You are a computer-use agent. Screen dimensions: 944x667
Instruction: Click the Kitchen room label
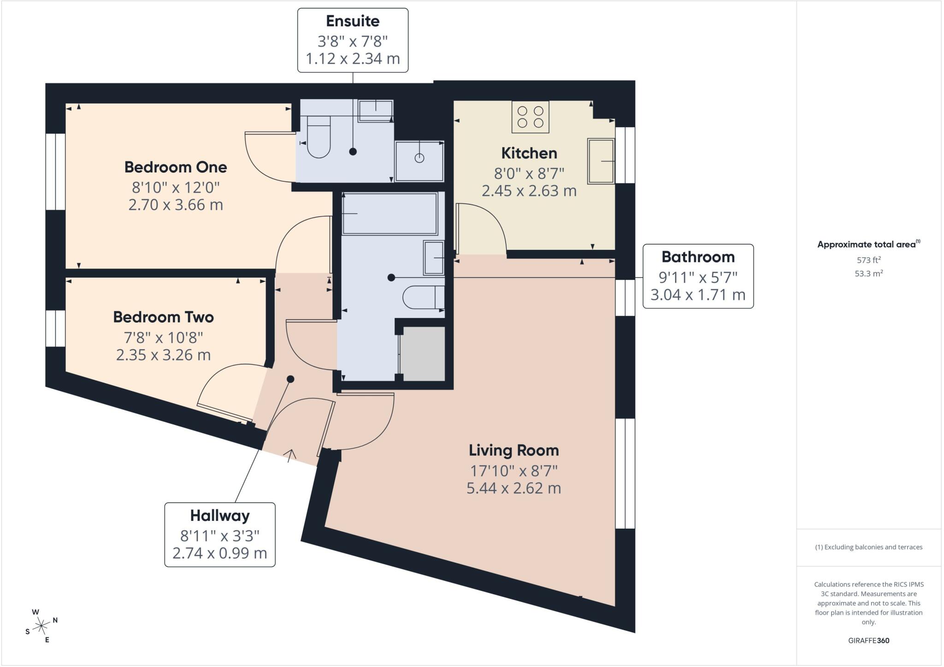click(529, 153)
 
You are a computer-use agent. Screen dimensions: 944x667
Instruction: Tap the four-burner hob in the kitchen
click(530, 117)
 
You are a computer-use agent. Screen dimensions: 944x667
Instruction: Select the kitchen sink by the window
click(601, 161)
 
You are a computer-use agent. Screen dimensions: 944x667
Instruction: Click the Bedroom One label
click(176, 167)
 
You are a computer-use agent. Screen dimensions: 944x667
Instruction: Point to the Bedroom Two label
click(164, 317)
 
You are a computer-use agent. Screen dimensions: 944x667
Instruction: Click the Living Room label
click(514, 450)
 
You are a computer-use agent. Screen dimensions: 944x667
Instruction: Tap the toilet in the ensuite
click(319, 137)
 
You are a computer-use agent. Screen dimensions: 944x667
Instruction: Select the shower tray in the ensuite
click(419, 161)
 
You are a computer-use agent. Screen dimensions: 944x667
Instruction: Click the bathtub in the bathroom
click(390, 214)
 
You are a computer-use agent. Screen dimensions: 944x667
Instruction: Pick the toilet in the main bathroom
click(424, 297)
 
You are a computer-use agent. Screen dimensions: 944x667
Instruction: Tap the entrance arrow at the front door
click(291, 455)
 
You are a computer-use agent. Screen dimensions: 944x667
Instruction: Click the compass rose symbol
click(41, 626)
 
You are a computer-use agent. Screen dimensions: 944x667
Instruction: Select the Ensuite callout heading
click(353, 21)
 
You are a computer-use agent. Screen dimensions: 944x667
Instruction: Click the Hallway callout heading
click(220, 515)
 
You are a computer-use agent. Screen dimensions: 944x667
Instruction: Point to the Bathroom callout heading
click(698, 257)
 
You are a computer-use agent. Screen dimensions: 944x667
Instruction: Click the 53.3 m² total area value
click(869, 273)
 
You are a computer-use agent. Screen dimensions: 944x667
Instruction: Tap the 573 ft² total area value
click(869, 260)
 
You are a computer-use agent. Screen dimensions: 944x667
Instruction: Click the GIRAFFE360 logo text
click(869, 640)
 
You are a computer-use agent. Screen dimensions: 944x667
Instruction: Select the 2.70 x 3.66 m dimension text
click(176, 205)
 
